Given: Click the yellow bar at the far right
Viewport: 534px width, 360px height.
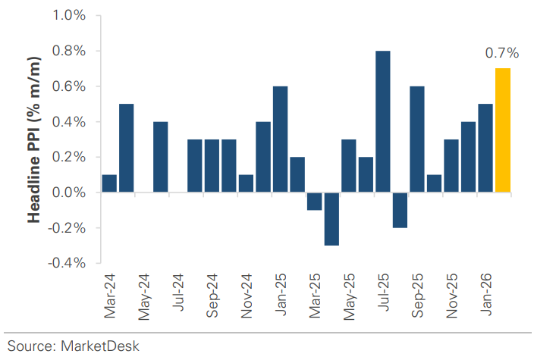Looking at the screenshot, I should (x=502, y=130).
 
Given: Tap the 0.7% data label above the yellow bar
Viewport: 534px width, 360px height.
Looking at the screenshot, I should (x=501, y=53).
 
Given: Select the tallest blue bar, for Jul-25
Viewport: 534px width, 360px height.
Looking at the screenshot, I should (x=383, y=121).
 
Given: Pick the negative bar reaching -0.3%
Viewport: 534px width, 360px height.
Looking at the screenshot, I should (x=331, y=219).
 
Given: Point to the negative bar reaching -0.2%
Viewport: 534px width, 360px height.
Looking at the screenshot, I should (x=400, y=210).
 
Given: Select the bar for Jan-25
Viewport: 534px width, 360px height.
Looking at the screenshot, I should (x=280, y=139).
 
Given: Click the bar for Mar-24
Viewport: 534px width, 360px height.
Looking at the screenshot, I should (x=109, y=183).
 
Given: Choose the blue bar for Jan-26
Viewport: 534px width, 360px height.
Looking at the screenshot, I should (x=485, y=148).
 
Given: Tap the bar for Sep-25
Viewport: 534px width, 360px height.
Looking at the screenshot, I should (x=417, y=139).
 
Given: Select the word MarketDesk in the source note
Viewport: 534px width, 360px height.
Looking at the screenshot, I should (x=103, y=346).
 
